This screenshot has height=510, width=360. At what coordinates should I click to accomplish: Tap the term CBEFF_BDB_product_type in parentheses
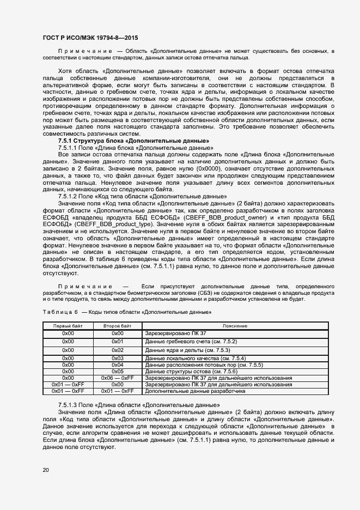coord(110,225)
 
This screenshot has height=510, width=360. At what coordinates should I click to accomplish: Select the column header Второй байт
coord(117,325)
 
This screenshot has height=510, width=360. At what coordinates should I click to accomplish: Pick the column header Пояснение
coord(235,325)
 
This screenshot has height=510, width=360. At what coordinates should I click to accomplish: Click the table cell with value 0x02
coord(117,350)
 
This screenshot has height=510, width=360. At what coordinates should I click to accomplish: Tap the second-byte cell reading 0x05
coord(117,371)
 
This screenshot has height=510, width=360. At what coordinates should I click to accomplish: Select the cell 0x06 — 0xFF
coord(117,378)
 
